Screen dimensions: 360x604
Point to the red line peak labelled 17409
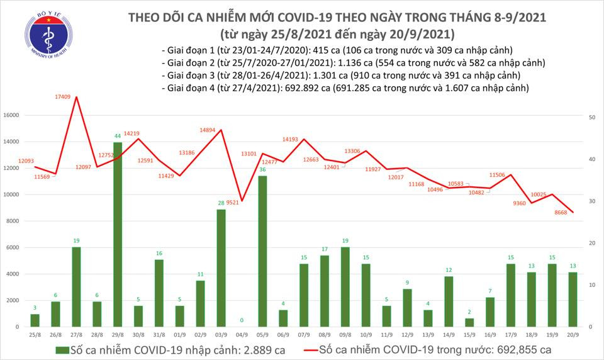tap(77, 97)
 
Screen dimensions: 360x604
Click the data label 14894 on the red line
tap(208, 130)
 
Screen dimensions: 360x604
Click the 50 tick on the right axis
tap(593, 118)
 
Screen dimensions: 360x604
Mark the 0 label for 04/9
tap(242, 320)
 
